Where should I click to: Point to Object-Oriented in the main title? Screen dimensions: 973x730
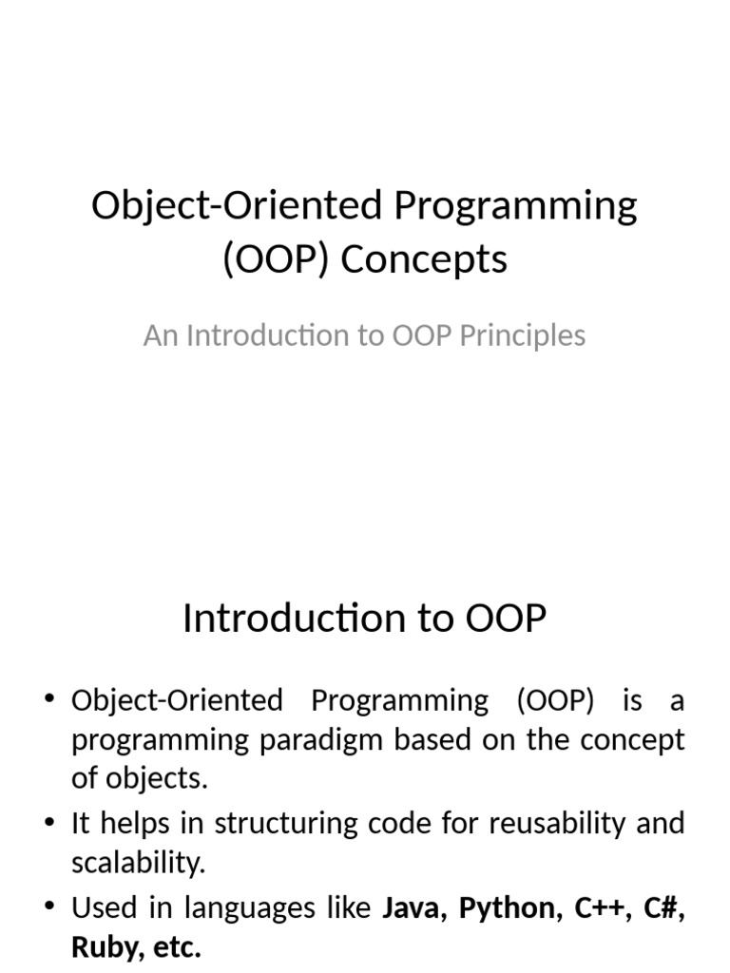[x=226, y=206]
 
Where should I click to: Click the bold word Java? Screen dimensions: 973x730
[x=414, y=908]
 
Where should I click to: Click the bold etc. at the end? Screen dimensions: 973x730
[x=179, y=947]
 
